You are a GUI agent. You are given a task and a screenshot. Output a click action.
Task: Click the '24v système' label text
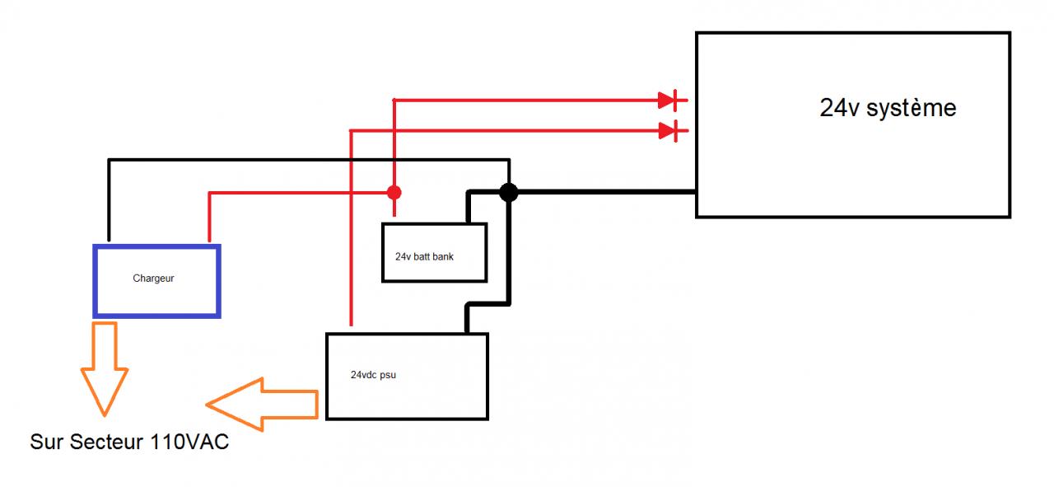888,108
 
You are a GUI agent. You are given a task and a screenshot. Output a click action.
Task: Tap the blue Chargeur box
156,280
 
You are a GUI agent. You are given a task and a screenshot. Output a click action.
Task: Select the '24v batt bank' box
435,253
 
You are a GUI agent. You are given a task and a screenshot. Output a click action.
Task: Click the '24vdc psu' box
407,376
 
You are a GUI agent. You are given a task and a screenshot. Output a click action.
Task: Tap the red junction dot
394,193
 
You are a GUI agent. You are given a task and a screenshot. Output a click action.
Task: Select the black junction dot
509,193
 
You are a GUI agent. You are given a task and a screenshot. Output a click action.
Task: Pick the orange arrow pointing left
262,404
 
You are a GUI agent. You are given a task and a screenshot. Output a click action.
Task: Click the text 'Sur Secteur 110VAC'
129,443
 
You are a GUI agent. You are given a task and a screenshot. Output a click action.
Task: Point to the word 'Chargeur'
153,279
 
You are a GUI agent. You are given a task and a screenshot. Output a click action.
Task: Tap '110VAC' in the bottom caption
190,443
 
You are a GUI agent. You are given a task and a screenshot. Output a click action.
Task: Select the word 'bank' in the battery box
442,256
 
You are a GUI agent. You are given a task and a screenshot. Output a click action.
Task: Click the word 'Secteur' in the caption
105,443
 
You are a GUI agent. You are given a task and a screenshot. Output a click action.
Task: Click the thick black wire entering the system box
609,193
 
